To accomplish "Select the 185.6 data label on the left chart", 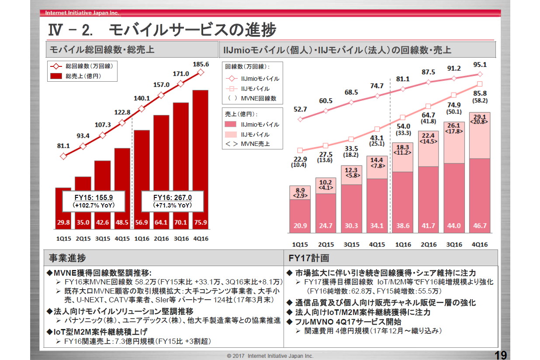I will click(201, 64).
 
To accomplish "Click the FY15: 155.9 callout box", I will click(93, 201).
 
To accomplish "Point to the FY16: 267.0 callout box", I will click(173, 201).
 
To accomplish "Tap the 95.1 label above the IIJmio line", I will click(480, 65).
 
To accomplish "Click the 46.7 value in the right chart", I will click(480, 226).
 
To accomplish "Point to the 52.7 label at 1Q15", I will click(300, 109).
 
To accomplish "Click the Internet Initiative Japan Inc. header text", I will click(82, 13).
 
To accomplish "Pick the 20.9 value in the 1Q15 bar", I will click(300, 226).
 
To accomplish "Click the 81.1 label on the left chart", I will click(63, 145).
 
